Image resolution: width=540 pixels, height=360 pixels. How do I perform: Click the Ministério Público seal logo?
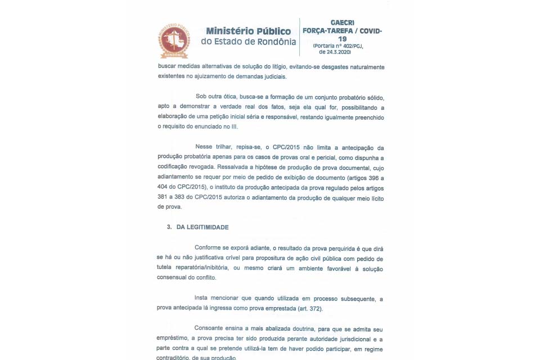[x=174, y=40]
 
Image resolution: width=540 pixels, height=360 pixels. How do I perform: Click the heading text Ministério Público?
[x=248, y=31]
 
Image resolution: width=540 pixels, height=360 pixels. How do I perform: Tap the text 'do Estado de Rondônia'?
[x=248, y=42]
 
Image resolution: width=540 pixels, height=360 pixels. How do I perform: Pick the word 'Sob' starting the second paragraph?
[x=201, y=97]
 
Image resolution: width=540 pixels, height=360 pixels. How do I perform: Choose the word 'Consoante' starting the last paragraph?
[x=210, y=328]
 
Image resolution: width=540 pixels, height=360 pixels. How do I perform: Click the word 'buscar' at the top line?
[x=167, y=67]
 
